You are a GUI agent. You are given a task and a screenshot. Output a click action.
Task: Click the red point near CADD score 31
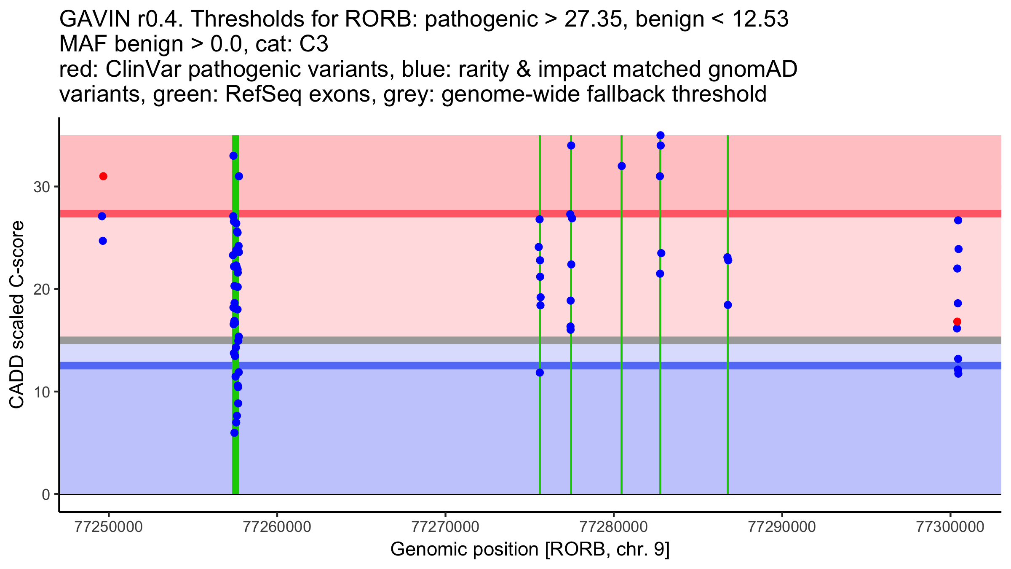point(103,176)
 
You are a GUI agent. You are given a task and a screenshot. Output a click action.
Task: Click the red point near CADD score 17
point(957,322)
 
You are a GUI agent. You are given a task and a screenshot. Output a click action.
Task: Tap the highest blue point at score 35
point(661,135)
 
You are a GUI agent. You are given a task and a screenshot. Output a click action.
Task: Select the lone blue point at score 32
point(622,166)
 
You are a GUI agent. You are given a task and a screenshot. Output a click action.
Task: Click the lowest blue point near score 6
point(235,433)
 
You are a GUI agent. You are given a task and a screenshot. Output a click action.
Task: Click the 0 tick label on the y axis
point(46,494)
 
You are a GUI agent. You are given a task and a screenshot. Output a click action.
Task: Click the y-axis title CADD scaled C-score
point(17,316)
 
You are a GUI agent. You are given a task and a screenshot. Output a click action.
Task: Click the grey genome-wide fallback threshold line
point(421,340)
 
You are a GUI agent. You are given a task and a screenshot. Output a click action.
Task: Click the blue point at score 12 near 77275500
point(540,373)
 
